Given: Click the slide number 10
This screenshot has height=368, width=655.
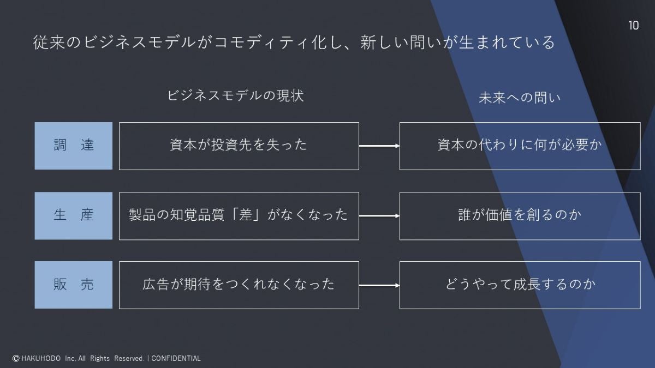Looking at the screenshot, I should pos(633,26).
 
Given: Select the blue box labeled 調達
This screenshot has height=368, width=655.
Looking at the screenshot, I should pos(74,146).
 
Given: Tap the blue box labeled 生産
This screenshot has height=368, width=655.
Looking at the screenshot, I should pos(74,215).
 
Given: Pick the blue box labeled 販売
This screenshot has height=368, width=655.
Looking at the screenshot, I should pos(74,285).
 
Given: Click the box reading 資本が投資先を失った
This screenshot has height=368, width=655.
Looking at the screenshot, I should pos(239,146).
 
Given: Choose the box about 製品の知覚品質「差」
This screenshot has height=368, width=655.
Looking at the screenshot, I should pos(239,215).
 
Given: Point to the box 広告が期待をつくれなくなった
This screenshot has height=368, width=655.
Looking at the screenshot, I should pos(239,285).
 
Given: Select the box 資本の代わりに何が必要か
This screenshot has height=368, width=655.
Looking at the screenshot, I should pos(520,146).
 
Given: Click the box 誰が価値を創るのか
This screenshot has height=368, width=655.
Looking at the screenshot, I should pos(520,215).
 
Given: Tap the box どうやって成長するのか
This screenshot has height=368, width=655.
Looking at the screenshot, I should pos(520,285).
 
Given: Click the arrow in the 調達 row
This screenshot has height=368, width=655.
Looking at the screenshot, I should pos(379,146).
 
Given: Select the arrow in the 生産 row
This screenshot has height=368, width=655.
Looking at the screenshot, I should pos(379,216).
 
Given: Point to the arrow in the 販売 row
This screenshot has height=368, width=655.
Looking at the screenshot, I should pos(379,285).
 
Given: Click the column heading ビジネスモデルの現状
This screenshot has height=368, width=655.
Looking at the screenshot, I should pos(235,96).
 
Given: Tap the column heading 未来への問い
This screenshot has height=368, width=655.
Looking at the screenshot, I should pos(519,98).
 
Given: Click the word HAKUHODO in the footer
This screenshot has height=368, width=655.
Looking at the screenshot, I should pos(41,358).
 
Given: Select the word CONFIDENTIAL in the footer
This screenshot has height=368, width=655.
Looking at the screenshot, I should pos(176,358).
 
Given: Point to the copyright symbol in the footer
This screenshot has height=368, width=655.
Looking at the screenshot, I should pos(16,358).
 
